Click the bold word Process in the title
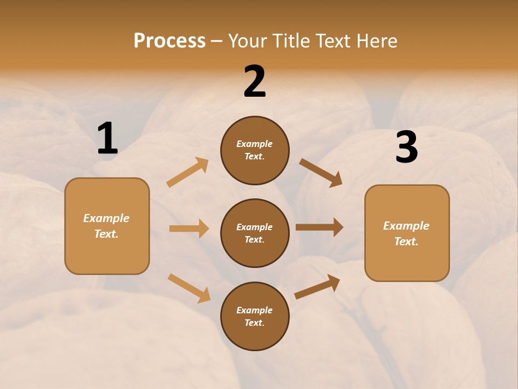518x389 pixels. click(x=169, y=41)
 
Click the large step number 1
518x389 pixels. click(x=107, y=139)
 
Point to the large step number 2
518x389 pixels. click(x=255, y=82)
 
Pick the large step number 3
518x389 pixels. click(x=406, y=147)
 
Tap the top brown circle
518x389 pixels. click(x=255, y=150)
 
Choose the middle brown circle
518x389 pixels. click(x=255, y=233)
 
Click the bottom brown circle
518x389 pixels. click(x=255, y=316)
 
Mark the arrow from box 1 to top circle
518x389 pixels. click(x=188, y=172)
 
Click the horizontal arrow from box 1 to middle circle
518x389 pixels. click(x=189, y=229)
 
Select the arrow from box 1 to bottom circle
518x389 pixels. click(x=189, y=288)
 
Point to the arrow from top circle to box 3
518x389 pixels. click(x=321, y=173)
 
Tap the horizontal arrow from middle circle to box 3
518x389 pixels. click(x=319, y=227)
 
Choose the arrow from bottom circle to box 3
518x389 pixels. click(x=317, y=286)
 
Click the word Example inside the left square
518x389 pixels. click(x=106, y=218)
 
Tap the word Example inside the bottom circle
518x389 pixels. click(x=255, y=310)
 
